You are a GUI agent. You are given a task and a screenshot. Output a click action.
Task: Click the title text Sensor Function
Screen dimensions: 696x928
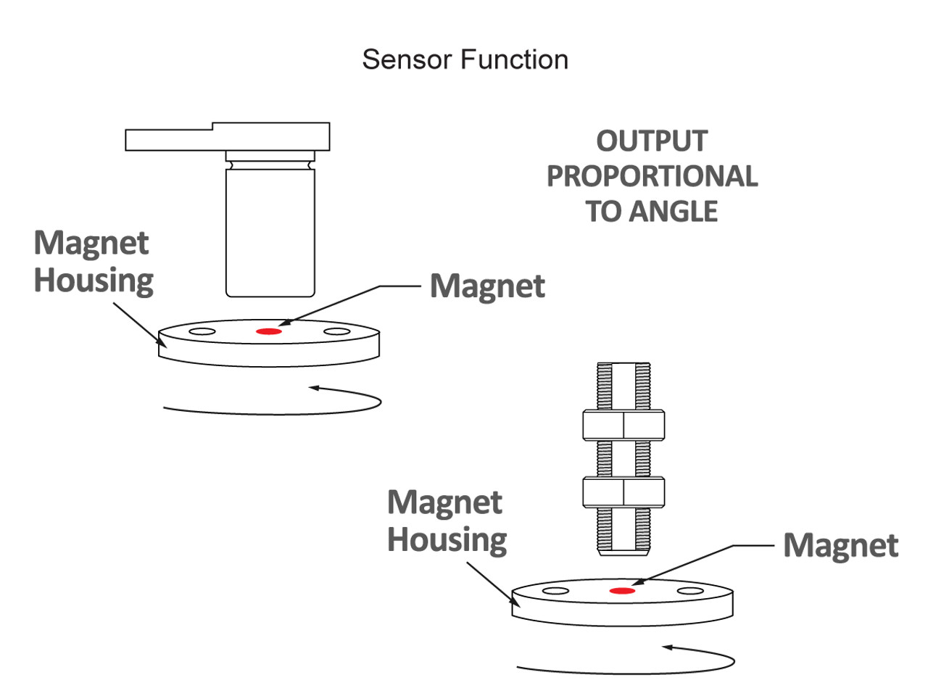[x=465, y=59]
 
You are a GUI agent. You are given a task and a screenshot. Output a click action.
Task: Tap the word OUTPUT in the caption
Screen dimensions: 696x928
[x=651, y=141]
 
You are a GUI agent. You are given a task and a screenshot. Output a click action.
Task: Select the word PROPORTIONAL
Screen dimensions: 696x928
[x=652, y=176]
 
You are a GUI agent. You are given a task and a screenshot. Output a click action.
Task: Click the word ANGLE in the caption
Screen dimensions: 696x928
[x=674, y=212]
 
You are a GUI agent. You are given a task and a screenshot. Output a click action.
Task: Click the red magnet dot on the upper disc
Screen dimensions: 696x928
[x=269, y=331]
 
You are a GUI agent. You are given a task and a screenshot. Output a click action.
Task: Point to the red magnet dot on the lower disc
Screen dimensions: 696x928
[x=622, y=591]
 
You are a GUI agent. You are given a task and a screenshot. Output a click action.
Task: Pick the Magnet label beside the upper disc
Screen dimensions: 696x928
[x=487, y=286]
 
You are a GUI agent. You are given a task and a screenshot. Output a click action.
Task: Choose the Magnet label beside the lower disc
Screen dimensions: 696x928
[x=840, y=546]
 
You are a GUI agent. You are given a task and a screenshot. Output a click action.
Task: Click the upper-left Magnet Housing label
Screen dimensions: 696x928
[x=94, y=262]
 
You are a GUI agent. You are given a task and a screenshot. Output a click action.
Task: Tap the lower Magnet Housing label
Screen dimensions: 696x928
[x=447, y=521]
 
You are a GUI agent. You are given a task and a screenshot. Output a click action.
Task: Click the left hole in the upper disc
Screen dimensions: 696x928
[x=202, y=332]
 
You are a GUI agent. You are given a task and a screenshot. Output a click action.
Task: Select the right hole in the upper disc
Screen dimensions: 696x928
[x=336, y=332]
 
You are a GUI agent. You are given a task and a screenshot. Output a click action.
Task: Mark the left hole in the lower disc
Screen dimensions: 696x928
[x=555, y=592]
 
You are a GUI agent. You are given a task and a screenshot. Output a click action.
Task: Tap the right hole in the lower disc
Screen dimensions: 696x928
[x=690, y=592]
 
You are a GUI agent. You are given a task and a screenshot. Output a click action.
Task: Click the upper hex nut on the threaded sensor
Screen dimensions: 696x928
[x=623, y=426]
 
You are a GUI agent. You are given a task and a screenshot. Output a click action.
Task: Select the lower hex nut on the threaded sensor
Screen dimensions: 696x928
[x=623, y=492]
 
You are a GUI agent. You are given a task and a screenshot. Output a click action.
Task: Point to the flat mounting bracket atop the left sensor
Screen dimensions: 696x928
[x=228, y=137]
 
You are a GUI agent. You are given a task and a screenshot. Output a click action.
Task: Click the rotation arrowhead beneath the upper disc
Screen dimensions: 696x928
[x=314, y=389]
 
